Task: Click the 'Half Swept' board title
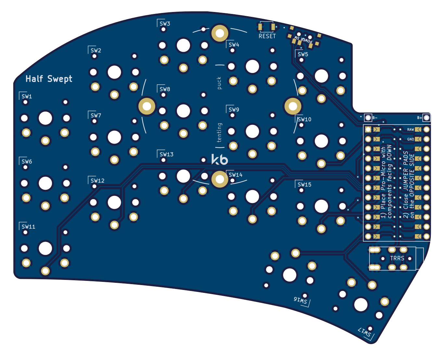point(49,79)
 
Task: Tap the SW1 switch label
point(27,96)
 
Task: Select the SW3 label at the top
point(165,24)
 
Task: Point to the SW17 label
point(365,332)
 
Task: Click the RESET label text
point(267,36)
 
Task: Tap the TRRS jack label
point(397,258)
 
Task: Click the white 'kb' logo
point(220,160)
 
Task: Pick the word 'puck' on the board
point(219,83)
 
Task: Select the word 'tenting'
point(219,132)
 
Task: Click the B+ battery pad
point(427,118)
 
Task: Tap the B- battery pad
point(368,118)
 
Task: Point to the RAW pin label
point(411,129)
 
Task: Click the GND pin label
point(411,139)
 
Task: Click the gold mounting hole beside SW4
point(220,33)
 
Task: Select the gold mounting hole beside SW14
point(220,179)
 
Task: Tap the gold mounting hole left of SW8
point(147,106)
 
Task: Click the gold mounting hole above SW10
point(293,106)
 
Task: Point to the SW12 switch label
point(97,181)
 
